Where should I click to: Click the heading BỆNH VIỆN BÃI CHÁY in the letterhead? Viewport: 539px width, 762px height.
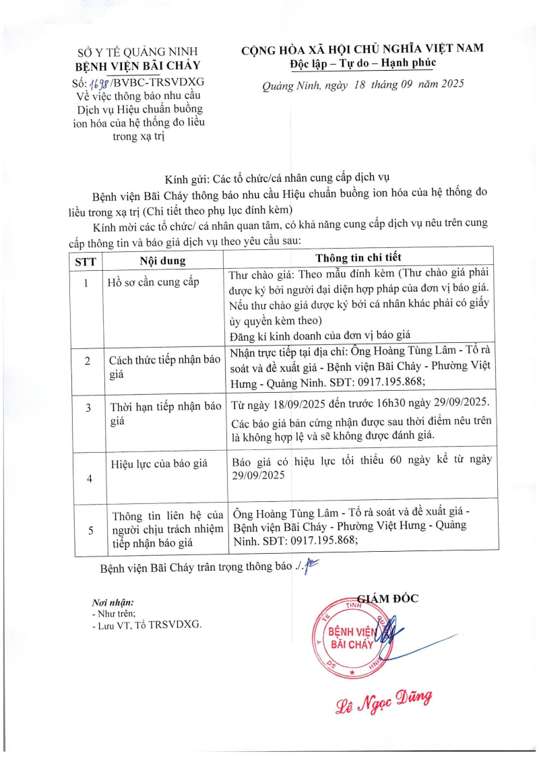(138, 65)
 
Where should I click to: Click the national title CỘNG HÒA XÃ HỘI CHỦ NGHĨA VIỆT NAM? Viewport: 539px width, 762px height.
(362, 48)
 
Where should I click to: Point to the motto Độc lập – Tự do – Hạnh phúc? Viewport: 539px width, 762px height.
(362, 63)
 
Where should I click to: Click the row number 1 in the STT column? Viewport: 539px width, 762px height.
(86, 283)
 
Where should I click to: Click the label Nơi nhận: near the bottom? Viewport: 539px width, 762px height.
(113, 602)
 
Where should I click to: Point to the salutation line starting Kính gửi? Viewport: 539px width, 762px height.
(278, 179)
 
